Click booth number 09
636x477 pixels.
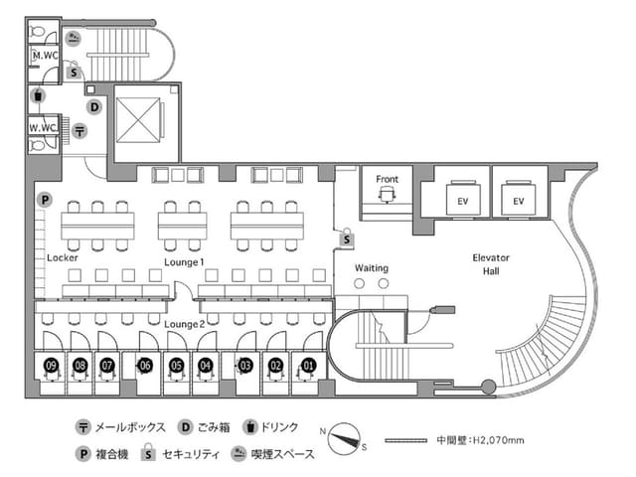[x=52, y=366]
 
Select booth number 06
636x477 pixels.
[x=145, y=366]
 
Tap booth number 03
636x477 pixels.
[x=245, y=366]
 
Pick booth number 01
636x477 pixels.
[x=308, y=366]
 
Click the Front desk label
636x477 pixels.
[x=387, y=179]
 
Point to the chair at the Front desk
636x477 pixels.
[x=387, y=195]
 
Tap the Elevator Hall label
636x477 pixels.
[x=491, y=264]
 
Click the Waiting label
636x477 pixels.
[x=372, y=268]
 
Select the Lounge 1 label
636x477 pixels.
[x=184, y=262]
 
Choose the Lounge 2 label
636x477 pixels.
[x=184, y=325]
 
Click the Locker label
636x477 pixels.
[x=63, y=257]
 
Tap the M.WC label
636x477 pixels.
[x=45, y=56]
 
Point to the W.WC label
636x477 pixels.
[x=43, y=128]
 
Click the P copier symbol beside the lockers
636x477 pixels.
[x=45, y=200]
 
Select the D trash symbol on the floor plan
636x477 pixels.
[x=94, y=107]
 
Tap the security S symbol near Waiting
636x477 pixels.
[x=347, y=238]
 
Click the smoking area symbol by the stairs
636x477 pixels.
[x=73, y=39]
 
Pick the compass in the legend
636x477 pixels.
[x=344, y=438]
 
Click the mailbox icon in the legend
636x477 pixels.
[x=82, y=427]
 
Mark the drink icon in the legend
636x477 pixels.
[x=250, y=427]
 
